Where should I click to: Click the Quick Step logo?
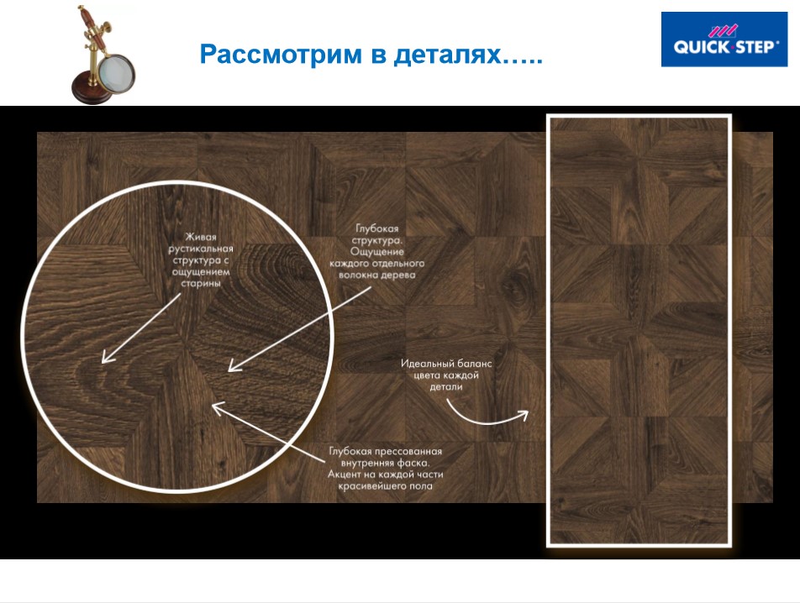click(724, 39)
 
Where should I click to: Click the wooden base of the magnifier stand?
click(92, 91)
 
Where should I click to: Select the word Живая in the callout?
click(198, 238)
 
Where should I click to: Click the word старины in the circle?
click(198, 285)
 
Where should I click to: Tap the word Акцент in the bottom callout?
click(345, 475)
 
